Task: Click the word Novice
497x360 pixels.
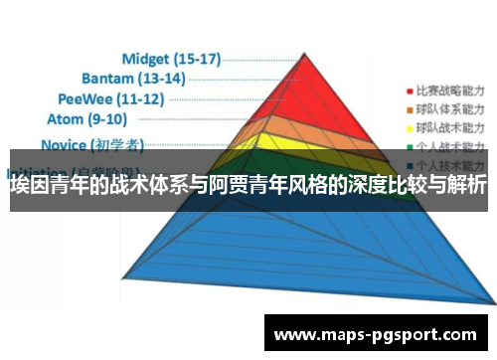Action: [x=68, y=144]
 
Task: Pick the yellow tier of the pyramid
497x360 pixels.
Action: [x=318, y=143]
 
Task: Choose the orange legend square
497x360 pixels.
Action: [x=407, y=107]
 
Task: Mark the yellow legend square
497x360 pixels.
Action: [x=407, y=126]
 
